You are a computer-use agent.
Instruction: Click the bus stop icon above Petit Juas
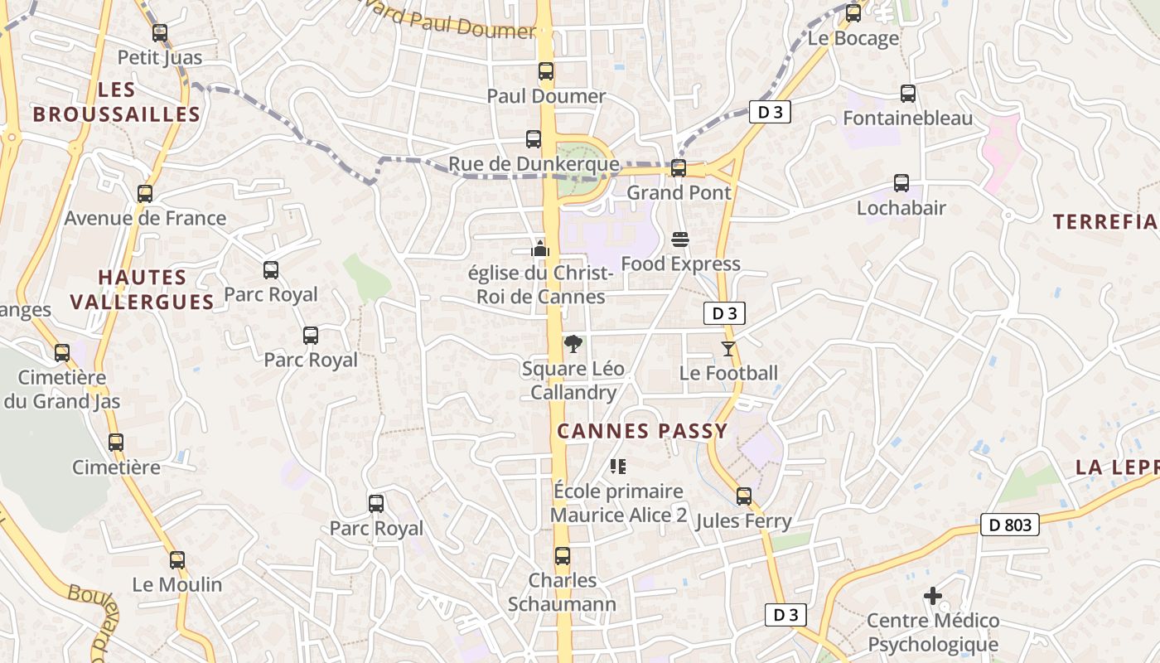pyautogui.click(x=160, y=33)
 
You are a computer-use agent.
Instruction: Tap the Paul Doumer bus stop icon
pyautogui.click(x=545, y=71)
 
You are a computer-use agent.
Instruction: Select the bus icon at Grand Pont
pyautogui.click(x=679, y=168)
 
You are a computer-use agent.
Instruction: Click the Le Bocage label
pyautogui.click(x=853, y=38)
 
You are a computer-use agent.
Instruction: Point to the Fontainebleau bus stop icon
pyautogui.click(x=908, y=94)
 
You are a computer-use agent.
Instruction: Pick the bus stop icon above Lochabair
pyautogui.click(x=901, y=183)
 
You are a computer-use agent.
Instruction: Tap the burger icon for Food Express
pyautogui.click(x=680, y=240)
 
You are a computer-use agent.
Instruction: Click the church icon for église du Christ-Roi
pyautogui.click(x=540, y=248)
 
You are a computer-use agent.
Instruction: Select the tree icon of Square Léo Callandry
pyautogui.click(x=573, y=344)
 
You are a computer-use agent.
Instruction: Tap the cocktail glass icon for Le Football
pyautogui.click(x=728, y=349)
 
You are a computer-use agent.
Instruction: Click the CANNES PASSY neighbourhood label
pyautogui.click(x=642, y=431)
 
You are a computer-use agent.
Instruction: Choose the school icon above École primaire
pyautogui.click(x=618, y=467)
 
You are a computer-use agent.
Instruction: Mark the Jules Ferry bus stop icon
pyautogui.click(x=744, y=496)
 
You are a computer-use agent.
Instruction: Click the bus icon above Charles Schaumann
pyautogui.click(x=563, y=556)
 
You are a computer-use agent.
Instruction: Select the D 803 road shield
pyautogui.click(x=1010, y=525)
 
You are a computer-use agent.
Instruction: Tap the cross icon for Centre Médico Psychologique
pyautogui.click(x=933, y=596)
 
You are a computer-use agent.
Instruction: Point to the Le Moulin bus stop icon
pyautogui.click(x=177, y=560)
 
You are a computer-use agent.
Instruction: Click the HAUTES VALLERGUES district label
pyautogui.click(x=142, y=289)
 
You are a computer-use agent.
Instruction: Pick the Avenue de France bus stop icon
pyautogui.click(x=145, y=194)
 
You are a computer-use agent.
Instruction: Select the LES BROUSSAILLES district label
pyautogui.click(x=117, y=103)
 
